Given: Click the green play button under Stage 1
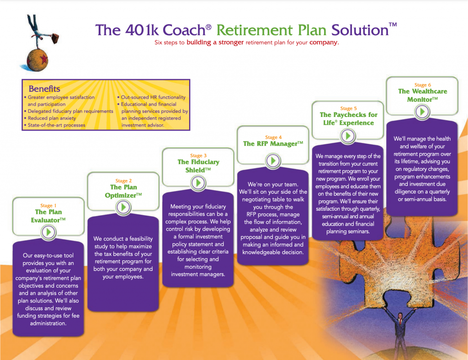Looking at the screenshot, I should [x=48, y=232].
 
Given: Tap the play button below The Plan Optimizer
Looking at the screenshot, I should [x=123, y=207].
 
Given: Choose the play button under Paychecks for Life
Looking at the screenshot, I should [x=348, y=136].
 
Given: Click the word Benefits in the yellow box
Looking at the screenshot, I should [x=44, y=89].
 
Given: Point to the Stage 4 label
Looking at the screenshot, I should [x=273, y=137].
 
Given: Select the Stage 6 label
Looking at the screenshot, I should [x=422, y=85].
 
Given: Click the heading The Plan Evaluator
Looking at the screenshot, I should [x=48, y=216].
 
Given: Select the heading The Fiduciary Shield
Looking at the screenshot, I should [x=198, y=166].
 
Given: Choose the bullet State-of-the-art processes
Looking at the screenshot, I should [x=57, y=125].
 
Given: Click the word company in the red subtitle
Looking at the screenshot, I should [x=324, y=42].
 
